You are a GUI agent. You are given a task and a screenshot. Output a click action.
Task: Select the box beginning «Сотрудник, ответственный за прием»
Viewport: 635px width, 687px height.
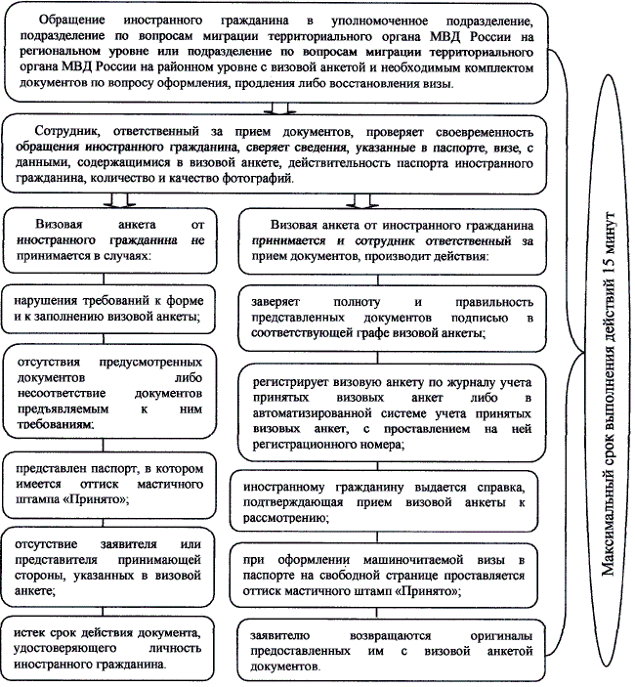coord(283,156)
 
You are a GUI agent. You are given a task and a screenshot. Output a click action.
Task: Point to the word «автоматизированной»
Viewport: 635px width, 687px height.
coord(312,414)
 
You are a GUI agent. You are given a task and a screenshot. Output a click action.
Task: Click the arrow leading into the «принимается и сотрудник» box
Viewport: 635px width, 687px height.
coord(361,200)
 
